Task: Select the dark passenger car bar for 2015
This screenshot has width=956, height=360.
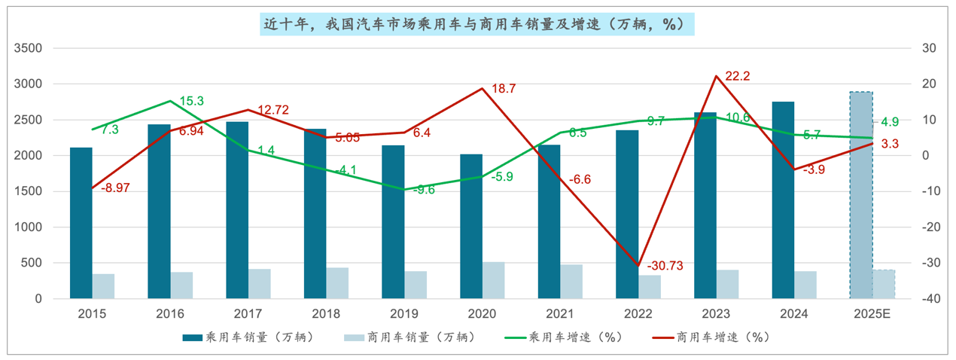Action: pos(81,223)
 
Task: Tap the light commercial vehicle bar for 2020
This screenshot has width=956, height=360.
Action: pos(494,280)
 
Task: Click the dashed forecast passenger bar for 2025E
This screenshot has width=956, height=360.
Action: pos(861,195)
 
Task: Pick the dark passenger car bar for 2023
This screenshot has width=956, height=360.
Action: pos(705,205)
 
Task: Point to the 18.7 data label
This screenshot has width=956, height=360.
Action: pos(504,89)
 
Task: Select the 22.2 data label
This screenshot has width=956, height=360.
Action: pos(738,76)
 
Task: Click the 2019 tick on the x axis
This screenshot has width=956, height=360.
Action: pos(404,313)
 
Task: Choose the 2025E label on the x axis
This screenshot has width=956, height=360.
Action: pos(872,313)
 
